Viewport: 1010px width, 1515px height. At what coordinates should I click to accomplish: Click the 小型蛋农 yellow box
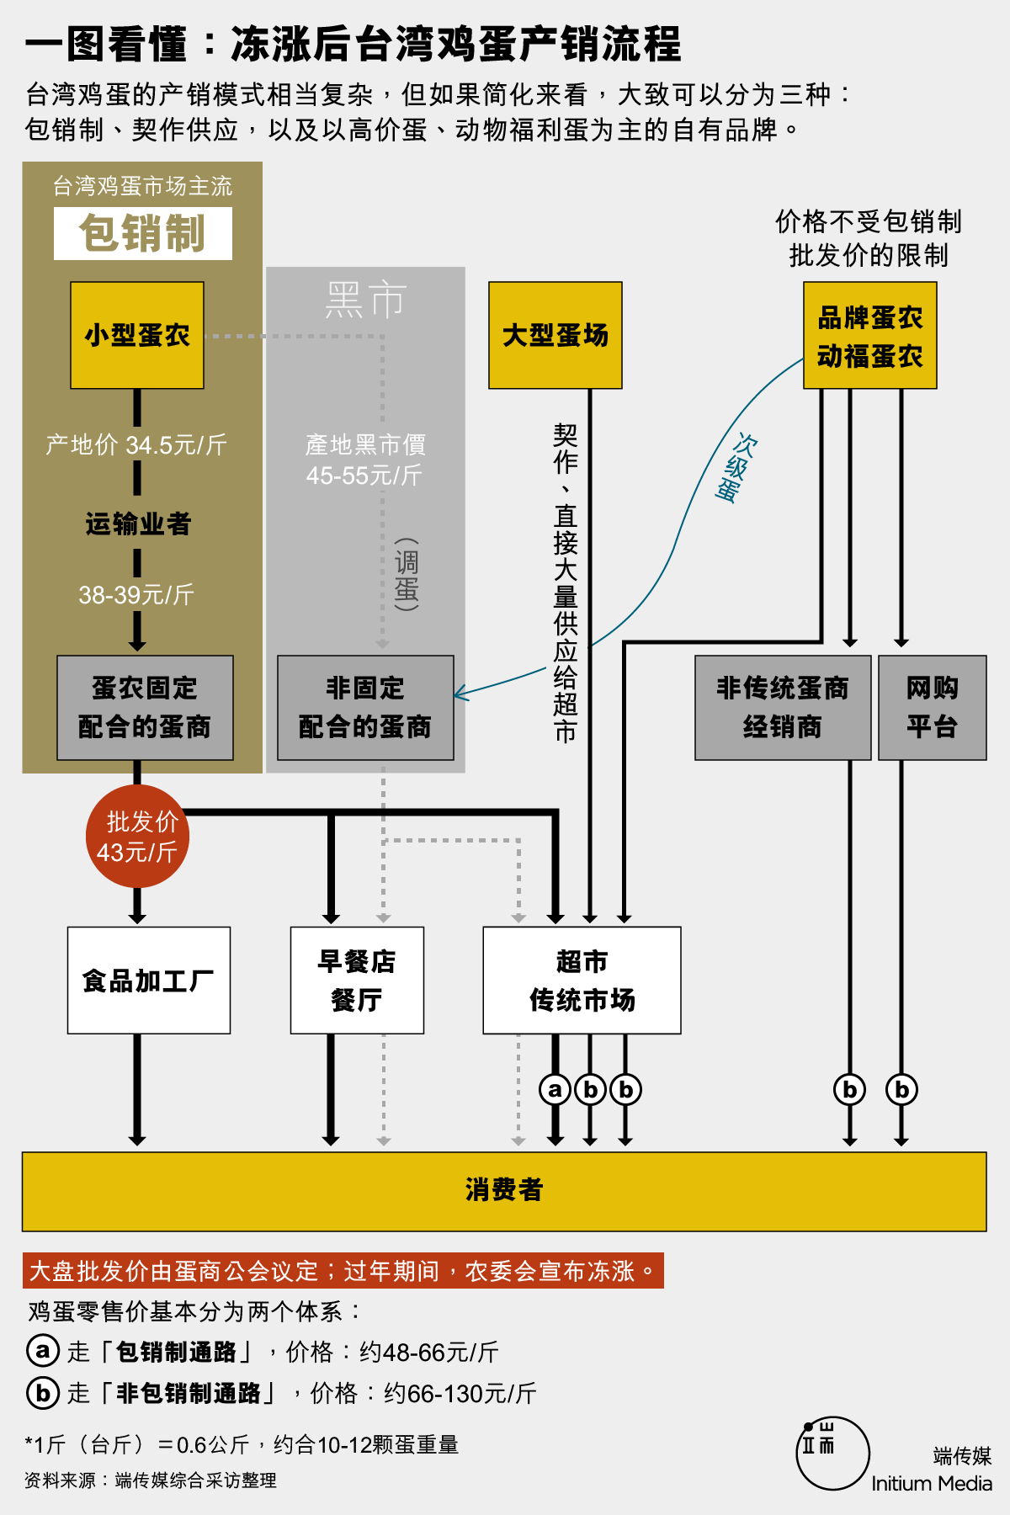137,335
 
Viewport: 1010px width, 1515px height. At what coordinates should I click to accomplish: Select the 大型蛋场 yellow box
555,335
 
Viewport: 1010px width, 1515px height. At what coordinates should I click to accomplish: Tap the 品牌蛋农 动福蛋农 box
870,335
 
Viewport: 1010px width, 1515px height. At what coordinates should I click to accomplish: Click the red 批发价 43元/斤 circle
137,837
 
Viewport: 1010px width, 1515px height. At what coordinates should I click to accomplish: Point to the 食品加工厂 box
149,981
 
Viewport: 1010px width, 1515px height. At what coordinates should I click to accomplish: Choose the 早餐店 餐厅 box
357,981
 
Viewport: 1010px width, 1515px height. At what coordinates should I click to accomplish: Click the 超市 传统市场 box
582,981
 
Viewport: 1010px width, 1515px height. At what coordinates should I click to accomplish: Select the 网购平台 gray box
933,708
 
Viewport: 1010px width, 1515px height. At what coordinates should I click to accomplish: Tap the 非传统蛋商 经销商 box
783,708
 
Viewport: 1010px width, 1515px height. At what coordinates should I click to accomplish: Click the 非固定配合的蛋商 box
365,708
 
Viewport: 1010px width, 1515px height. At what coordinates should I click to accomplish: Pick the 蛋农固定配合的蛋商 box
145,708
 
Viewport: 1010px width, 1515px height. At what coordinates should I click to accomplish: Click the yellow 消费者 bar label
504,1190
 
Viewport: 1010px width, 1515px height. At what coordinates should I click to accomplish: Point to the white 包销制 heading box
143,233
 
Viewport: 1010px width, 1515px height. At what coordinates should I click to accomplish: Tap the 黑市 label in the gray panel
366,300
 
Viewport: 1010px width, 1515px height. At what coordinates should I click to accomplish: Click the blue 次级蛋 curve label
734,468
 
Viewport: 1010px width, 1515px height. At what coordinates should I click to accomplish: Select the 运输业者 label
138,524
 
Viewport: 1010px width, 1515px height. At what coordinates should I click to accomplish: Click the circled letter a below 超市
555,1089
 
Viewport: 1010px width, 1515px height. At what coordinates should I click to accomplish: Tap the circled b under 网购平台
901,1089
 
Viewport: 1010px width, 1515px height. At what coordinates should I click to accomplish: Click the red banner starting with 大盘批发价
343,1271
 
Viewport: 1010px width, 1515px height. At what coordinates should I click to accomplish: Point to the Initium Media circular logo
832,1453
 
